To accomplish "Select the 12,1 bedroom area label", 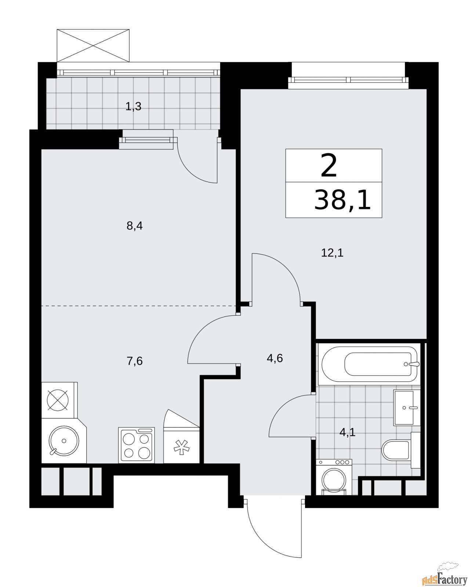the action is [x=332, y=253].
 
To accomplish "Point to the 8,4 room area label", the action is [x=135, y=226].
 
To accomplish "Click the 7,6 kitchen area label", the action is [x=135, y=361].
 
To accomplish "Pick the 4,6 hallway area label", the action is [x=275, y=358].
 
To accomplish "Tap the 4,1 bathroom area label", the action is [x=347, y=440].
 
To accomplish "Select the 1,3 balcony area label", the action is [x=133, y=106].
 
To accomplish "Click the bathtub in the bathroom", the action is [x=370, y=364].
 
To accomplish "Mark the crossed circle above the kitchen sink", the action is [x=58, y=400].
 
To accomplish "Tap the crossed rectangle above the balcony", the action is [x=93, y=45].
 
